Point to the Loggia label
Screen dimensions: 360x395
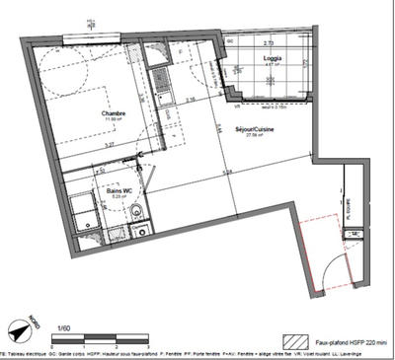point(273,59)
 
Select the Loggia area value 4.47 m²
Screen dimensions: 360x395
point(273,66)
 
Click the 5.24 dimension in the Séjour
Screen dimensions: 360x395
point(226,174)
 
